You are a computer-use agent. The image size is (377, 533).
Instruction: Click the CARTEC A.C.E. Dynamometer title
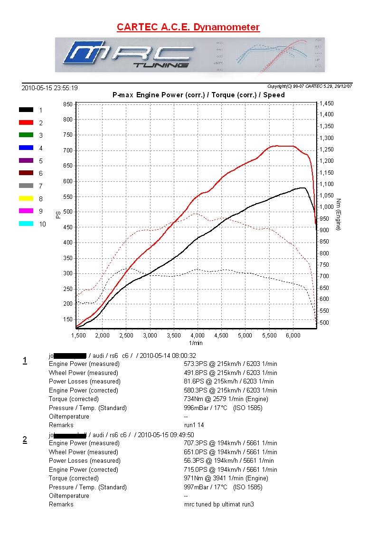click(x=188, y=27)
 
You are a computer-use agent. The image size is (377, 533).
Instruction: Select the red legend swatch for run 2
click(x=26, y=122)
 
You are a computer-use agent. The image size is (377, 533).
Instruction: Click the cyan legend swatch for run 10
click(x=26, y=224)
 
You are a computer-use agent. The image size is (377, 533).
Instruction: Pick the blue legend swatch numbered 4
click(x=26, y=148)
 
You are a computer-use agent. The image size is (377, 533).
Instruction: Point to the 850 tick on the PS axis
click(x=67, y=104)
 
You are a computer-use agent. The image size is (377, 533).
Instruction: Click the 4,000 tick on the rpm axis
click(x=198, y=336)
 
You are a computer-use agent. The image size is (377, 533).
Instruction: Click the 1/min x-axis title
click(x=196, y=342)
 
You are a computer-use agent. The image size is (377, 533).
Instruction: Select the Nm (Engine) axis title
click(x=338, y=215)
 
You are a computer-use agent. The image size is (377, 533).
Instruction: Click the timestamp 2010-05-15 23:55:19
click(x=50, y=88)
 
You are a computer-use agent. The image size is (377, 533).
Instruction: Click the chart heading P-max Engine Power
click(x=198, y=95)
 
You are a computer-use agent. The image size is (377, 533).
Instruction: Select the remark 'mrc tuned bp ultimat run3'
click(x=218, y=504)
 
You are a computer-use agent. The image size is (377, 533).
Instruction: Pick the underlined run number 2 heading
click(x=25, y=439)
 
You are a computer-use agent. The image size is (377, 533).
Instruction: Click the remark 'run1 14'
click(x=194, y=425)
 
